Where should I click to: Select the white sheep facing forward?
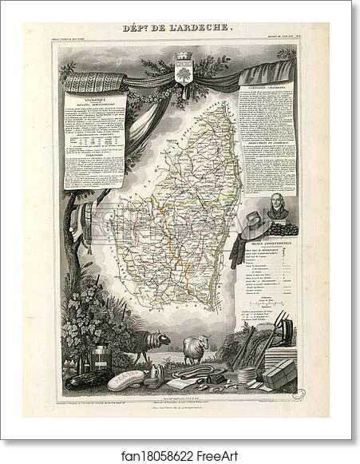click(194, 347)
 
